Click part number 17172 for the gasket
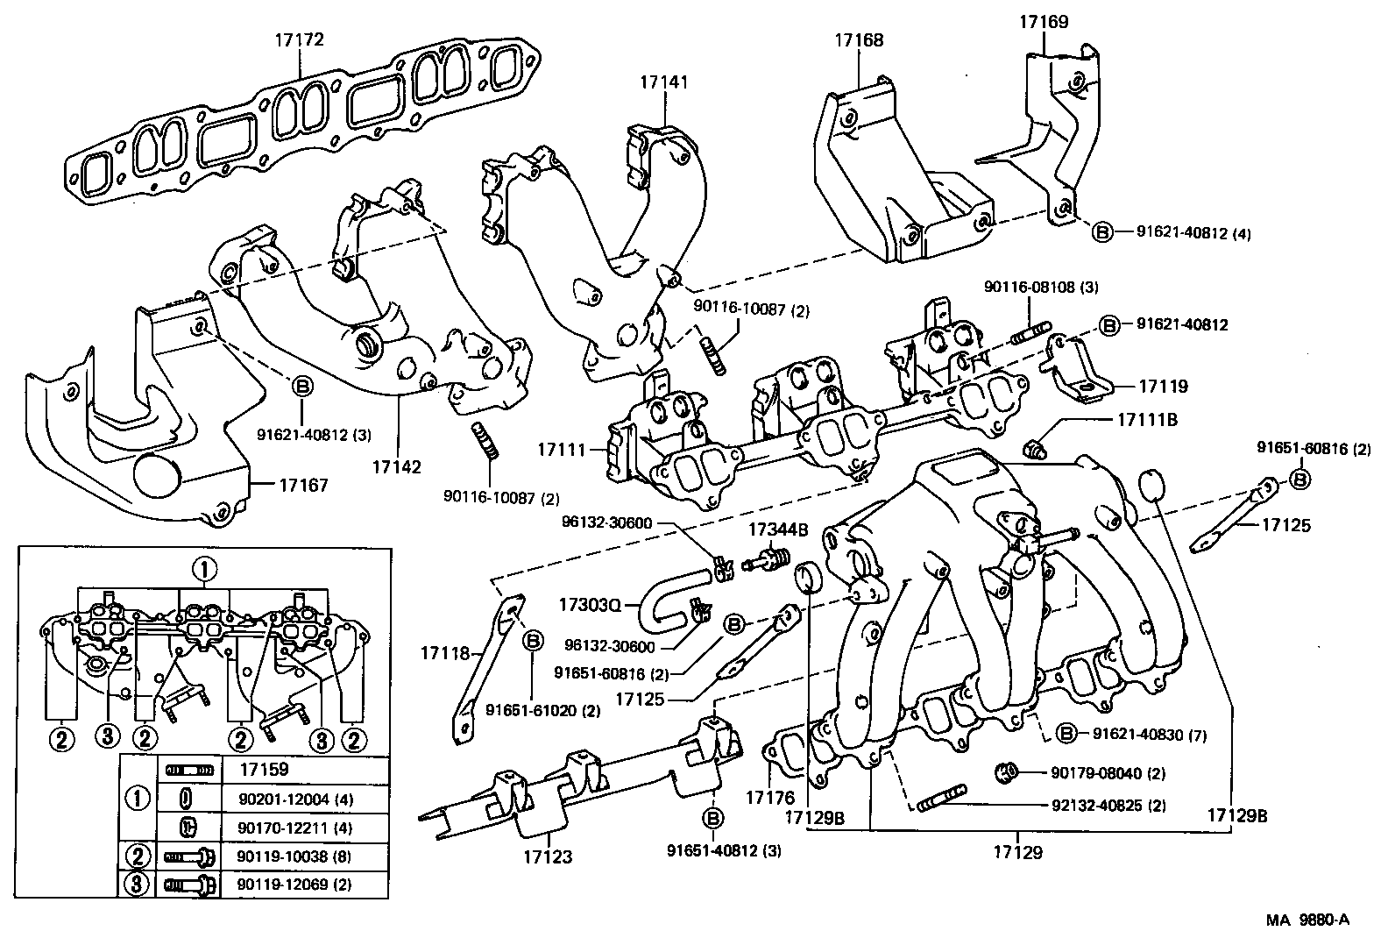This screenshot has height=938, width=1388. [x=299, y=40]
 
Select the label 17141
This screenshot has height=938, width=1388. [x=663, y=82]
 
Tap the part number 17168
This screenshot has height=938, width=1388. [x=858, y=40]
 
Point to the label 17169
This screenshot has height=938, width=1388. [x=1043, y=22]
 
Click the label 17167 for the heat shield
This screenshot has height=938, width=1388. [x=303, y=485]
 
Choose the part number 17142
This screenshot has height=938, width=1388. [x=395, y=467]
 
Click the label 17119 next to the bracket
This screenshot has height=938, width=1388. [x=1164, y=386]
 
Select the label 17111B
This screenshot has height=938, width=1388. [x=1147, y=420]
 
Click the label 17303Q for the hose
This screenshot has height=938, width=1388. [x=590, y=604]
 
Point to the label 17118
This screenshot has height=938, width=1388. [x=444, y=652]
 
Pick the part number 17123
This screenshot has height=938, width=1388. [x=548, y=856]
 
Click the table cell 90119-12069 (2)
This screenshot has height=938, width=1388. [x=294, y=885]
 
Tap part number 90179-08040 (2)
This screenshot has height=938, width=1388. [x=1108, y=773]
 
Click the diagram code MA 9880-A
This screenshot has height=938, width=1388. [x=1307, y=920]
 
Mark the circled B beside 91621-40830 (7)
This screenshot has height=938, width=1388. [x=1066, y=734]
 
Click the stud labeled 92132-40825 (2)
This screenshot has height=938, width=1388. [x=942, y=801]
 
